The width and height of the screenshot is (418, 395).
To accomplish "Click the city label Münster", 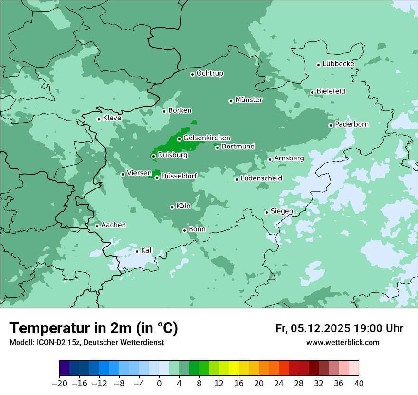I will [249, 100].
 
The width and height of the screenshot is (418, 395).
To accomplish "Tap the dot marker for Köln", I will [172, 207].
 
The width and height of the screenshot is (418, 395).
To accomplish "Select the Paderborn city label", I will [351, 124].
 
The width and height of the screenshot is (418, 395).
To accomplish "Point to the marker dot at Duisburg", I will [153, 156].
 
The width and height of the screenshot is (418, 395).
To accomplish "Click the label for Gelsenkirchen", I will [207, 138].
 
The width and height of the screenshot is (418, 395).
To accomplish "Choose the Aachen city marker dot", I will [97, 226].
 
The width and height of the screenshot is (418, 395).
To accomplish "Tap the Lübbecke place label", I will [338, 64].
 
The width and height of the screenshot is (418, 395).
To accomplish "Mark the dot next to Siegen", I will [266, 212].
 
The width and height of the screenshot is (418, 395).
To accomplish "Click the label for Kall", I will [147, 250].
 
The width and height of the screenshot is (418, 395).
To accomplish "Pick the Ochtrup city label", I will [209, 73].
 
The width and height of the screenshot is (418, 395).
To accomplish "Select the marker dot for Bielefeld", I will [312, 92].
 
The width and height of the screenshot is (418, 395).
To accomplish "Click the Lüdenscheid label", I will [261, 178].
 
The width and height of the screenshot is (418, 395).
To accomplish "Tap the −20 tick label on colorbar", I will [60, 383].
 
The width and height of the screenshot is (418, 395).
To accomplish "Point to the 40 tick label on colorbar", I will [359, 383].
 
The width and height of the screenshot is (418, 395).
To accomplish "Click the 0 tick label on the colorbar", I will [159, 383].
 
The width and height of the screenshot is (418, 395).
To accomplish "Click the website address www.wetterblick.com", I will [342, 343].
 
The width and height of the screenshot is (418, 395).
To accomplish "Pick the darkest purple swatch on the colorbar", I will [65, 368].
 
